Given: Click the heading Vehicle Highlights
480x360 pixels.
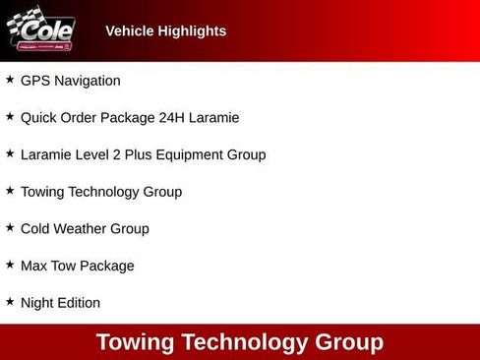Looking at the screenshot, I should (x=165, y=30).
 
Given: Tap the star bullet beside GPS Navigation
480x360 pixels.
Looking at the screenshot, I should (x=10, y=80).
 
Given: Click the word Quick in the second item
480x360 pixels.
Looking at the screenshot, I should (x=39, y=118).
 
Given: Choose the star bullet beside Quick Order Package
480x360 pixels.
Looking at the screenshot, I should (x=10, y=117).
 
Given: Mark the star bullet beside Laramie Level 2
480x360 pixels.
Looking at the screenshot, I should (x=10, y=153).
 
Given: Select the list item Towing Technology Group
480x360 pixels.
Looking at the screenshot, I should (x=100, y=192).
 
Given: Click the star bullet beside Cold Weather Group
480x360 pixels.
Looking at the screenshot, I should (x=10, y=227).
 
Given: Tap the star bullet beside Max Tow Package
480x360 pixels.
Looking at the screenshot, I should (x=10, y=265).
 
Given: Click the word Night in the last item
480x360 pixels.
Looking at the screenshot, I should (x=38, y=303).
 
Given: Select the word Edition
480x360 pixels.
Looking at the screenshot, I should (x=81, y=303).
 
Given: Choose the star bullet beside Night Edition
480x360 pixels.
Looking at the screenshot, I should (x=10, y=302).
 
